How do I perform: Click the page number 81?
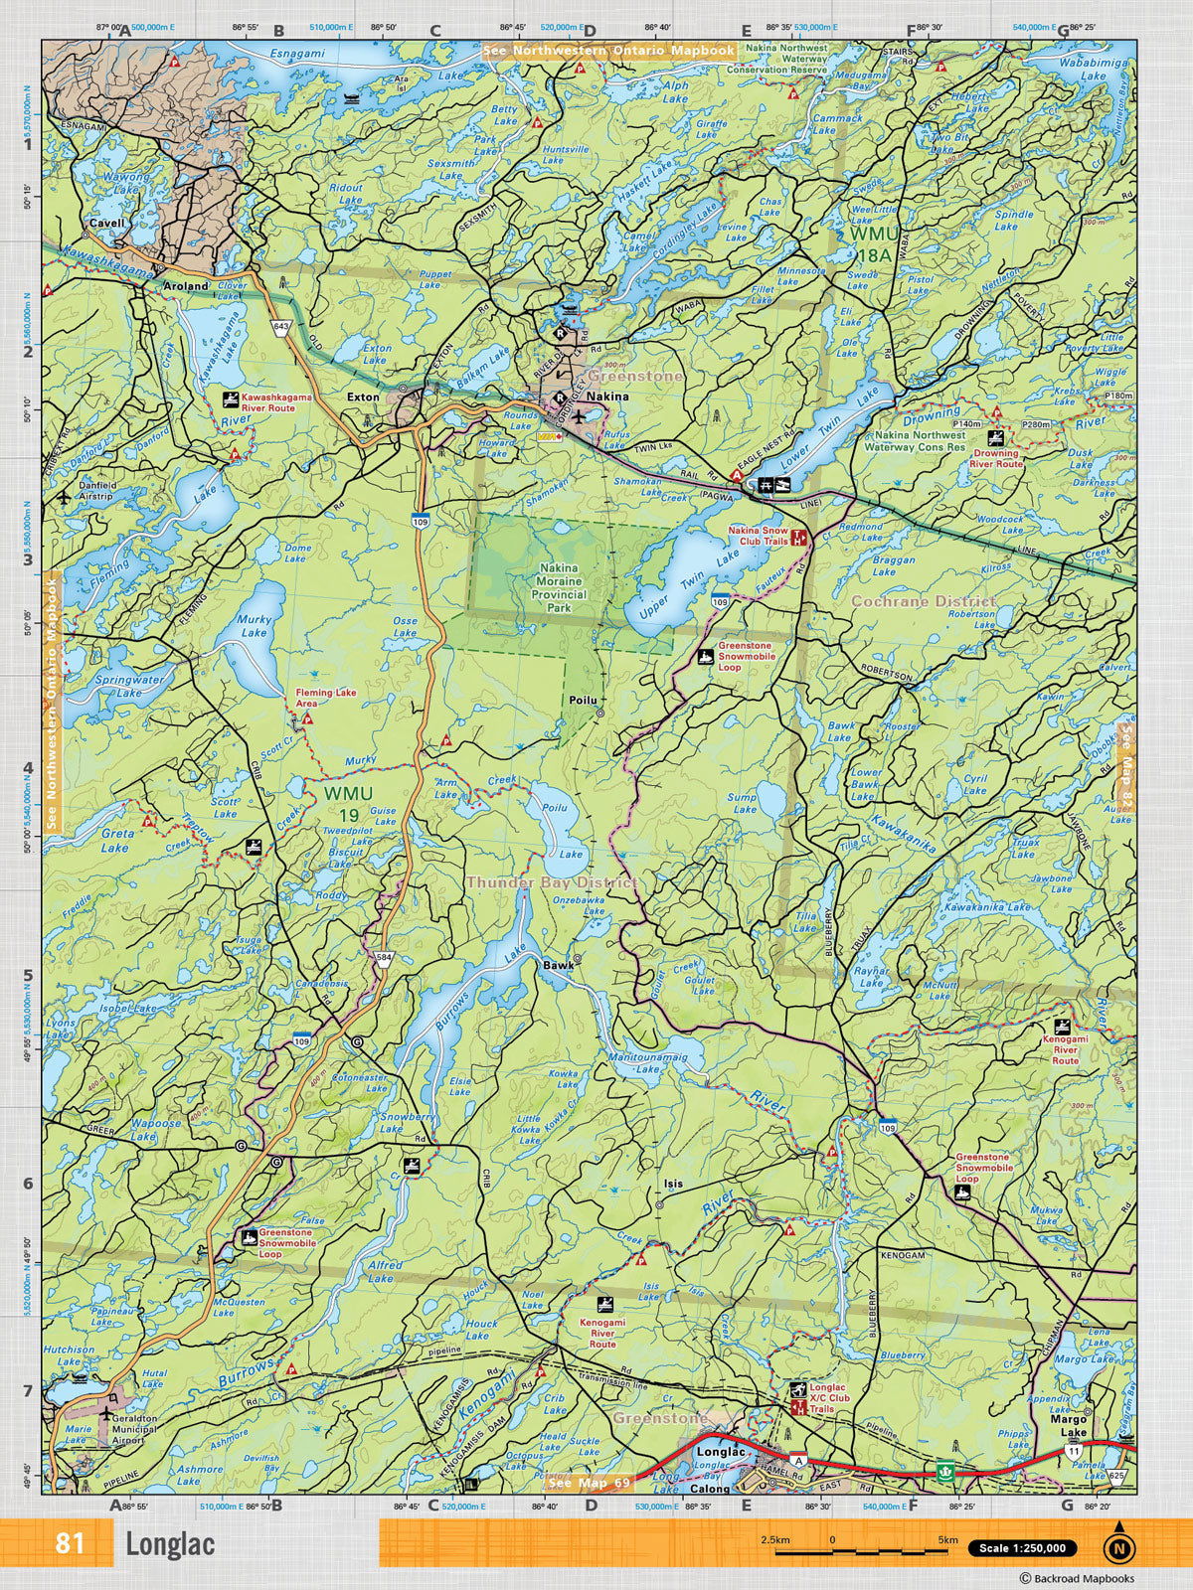[70, 1544]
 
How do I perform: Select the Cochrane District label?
[923, 601]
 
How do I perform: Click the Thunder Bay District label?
[552, 882]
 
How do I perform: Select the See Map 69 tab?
[589, 1483]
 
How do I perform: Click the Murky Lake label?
[254, 625]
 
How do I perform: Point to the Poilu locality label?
[582, 700]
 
